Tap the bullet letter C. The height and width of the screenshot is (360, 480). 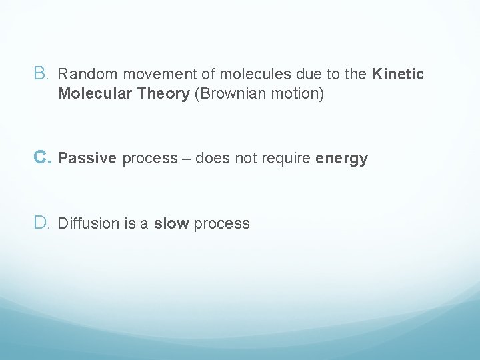pos(40,158)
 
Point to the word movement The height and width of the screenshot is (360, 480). pos(144,74)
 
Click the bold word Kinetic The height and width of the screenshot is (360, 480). pos(398,74)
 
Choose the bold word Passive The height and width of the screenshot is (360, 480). pos(87,159)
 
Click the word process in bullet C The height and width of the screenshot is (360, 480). pos(150,159)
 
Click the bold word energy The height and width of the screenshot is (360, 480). pos(342,159)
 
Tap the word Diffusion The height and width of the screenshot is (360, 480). pos(88,224)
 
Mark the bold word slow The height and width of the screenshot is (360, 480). pos(171,224)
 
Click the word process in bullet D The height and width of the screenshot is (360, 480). pos(222,224)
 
